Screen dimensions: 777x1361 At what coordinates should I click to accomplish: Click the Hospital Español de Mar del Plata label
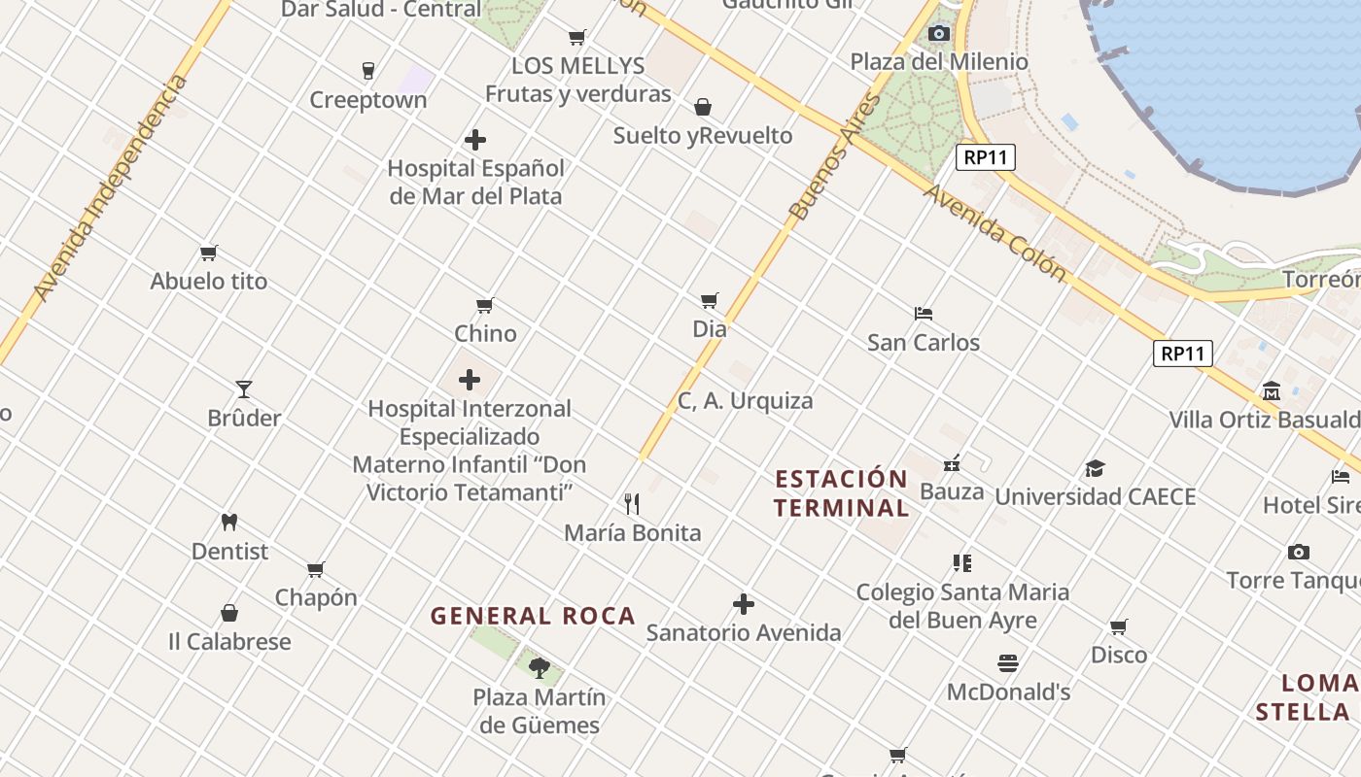coord(475,182)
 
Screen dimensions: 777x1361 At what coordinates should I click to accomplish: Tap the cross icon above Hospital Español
coord(475,140)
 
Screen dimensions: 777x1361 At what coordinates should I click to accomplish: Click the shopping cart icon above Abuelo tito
coord(208,253)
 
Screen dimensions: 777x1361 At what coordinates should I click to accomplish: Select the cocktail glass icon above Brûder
coord(244,389)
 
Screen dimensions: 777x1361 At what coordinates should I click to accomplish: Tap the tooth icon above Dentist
coord(229,522)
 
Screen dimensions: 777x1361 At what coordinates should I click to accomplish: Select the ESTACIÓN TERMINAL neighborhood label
coord(842,493)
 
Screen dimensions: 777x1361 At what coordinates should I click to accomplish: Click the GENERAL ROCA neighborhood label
coord(533,616)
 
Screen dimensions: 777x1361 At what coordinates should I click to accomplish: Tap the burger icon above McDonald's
coord(1008,663)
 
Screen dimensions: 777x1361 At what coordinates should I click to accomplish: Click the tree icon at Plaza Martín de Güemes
coord(540,667)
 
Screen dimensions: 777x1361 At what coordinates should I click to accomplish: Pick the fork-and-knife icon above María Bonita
coord(632,503)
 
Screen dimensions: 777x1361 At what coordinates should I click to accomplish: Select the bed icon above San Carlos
coord(924,314)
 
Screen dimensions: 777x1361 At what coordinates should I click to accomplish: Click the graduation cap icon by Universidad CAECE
coord(1096,468)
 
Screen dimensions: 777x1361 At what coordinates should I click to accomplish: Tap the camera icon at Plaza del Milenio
coord(938,34)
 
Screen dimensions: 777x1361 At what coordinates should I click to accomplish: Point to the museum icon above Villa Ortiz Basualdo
coord(1272,391)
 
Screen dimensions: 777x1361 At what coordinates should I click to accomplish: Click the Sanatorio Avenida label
coord(744,633)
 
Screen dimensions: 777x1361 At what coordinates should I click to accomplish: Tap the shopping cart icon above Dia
coord(710,300)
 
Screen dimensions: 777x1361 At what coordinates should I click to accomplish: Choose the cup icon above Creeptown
coord(367,70)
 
